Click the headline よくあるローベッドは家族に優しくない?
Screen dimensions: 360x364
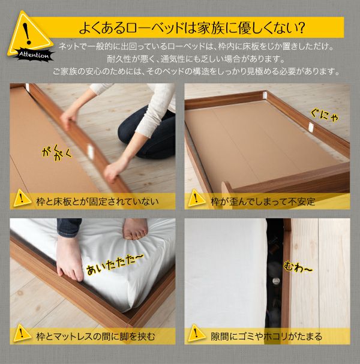(192, 28)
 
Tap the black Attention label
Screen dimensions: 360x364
(34, 55)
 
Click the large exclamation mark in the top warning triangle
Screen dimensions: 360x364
(28, 34)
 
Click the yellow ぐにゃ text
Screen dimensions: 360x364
(325, 116)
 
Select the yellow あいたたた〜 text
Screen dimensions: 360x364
(115, 264)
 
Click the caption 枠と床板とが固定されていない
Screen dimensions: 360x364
(98, 201)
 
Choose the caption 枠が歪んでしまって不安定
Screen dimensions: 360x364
(263, 201)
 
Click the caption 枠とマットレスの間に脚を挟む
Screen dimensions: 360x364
(95, 336)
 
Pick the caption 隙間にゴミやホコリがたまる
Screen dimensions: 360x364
(266, 336)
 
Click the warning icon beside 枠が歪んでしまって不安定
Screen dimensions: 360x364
(196, 198)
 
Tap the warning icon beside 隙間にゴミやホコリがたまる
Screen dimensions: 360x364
(196, 334)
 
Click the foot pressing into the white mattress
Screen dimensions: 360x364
(135, 229)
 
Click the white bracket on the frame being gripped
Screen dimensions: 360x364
(90, 151)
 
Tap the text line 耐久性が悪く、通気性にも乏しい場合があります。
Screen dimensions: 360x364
(196, 59)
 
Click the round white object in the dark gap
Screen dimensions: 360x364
(275, 281)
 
